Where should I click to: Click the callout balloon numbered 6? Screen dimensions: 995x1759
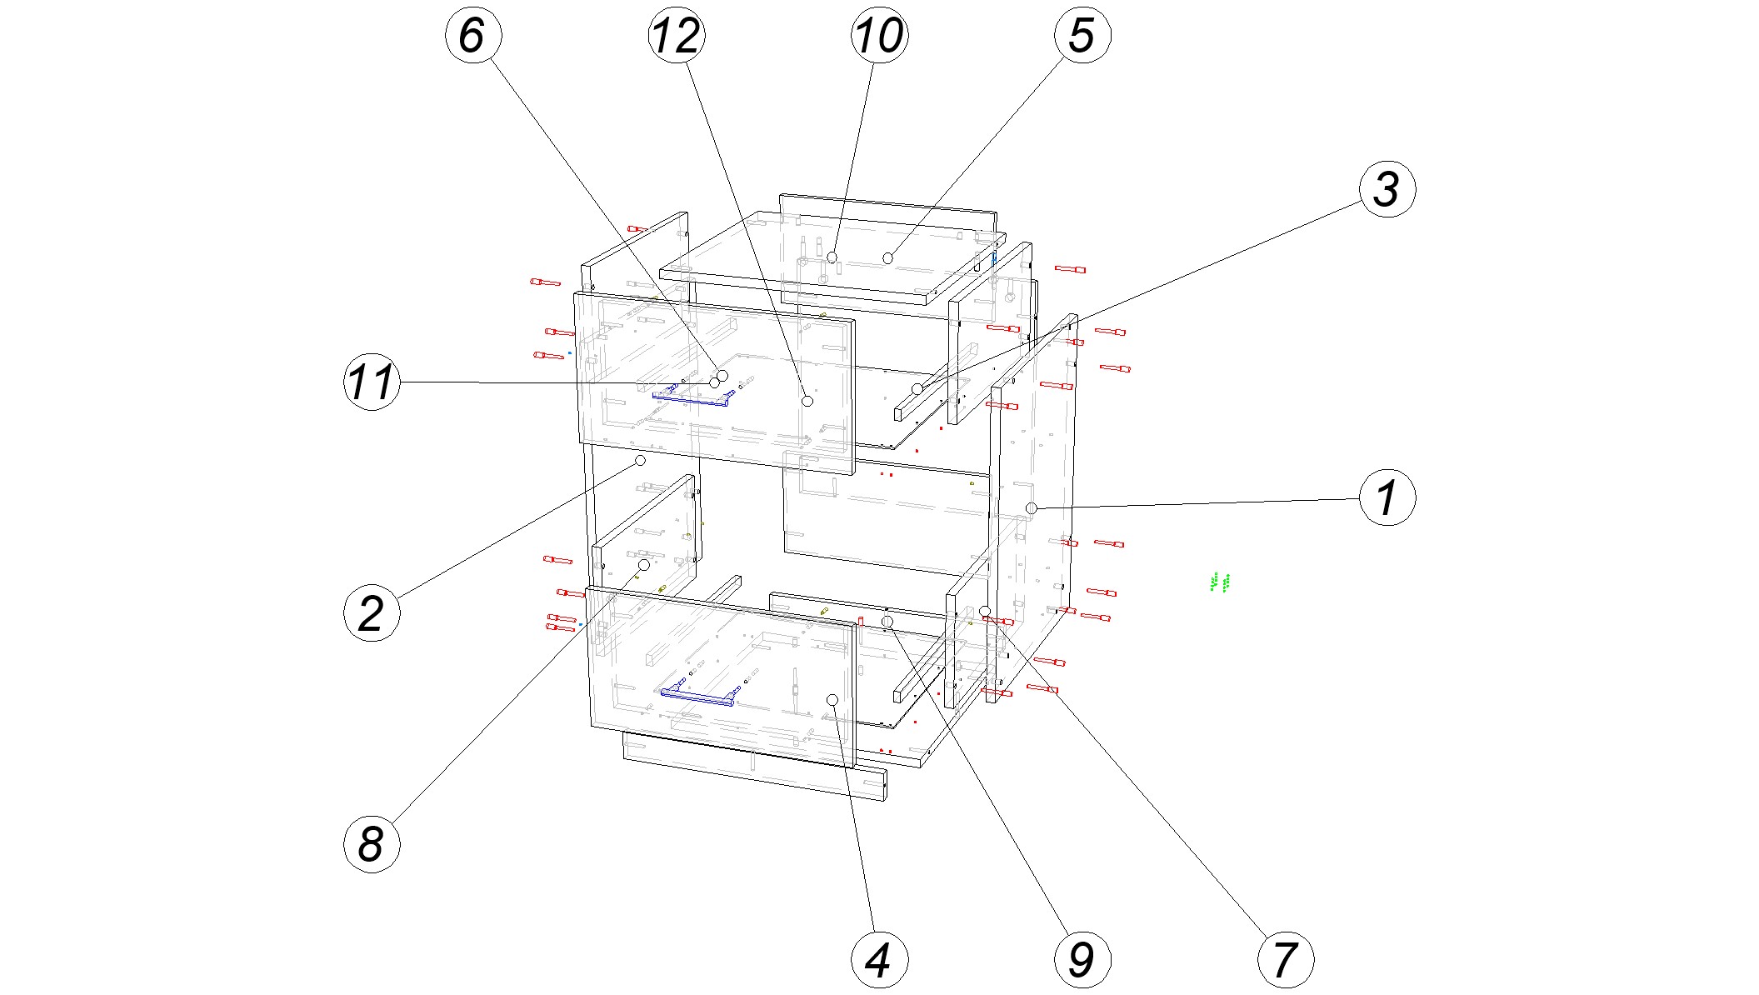(472, 35)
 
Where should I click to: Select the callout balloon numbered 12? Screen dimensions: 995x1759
(676, 35)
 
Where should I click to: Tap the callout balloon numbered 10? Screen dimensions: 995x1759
(879, 35)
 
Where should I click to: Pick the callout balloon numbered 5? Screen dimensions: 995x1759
(1082, 35)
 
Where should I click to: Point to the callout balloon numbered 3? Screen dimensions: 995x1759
(1387, 189)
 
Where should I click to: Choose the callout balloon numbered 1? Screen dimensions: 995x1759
(1387, 497)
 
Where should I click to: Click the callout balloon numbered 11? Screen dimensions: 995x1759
(372, 382)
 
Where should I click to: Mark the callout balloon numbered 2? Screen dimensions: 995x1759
(372, 613)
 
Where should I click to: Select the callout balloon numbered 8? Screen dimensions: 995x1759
(372, 844)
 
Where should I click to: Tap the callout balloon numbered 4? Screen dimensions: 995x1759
(879, 960)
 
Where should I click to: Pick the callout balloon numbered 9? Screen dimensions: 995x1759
(1082, 960)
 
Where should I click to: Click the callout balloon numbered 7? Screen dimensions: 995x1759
(1285, 960)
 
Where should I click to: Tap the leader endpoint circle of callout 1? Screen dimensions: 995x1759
(1032, 508)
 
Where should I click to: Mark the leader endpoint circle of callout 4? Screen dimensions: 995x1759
(832, 699)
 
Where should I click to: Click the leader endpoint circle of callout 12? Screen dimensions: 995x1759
(807, 401)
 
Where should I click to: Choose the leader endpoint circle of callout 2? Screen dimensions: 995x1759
(641, 460)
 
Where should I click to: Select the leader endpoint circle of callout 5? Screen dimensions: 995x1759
(888, 258)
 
